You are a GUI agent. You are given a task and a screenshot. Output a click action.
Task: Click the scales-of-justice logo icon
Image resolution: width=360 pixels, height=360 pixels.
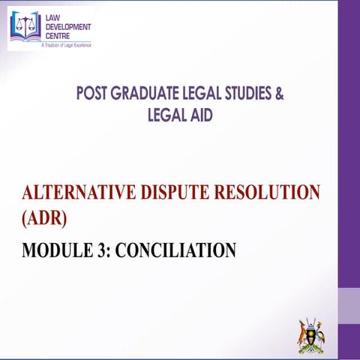[26, 26]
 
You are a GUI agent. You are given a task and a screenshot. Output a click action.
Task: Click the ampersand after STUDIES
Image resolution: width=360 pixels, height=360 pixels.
[280, 94]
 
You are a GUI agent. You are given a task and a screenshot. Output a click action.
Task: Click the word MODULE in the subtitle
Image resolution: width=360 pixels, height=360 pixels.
[52, 248]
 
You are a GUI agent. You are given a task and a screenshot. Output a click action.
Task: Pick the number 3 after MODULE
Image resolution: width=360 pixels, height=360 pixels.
[98, 248]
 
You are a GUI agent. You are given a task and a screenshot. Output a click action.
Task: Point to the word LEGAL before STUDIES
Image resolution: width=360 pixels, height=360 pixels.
[202, 94]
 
